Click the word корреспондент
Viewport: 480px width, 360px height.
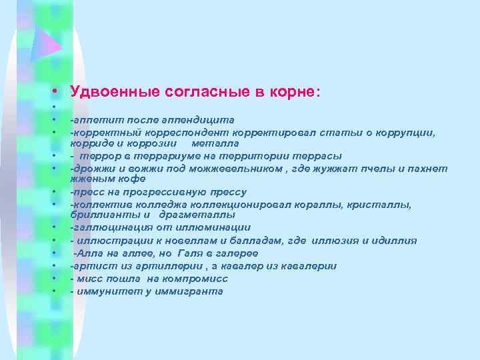(x=181, y=133)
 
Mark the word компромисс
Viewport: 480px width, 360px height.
(x=195, y=279)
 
